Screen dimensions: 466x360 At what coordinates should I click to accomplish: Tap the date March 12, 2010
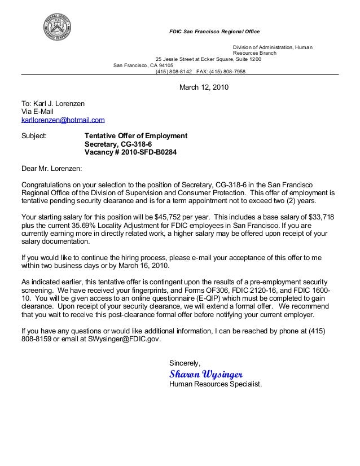tap(204, 87)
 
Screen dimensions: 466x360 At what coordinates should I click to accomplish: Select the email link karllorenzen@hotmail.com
tap(63, 120)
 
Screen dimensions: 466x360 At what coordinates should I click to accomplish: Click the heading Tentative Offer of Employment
tap(135, 136)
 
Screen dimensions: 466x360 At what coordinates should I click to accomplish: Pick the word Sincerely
tap(185, 362)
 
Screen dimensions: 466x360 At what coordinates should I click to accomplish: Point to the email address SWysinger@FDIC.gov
tap(122, 339)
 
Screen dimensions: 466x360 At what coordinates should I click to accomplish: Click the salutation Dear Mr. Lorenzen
tap(51, 168)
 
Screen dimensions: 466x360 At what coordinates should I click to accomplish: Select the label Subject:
tap(34, 136)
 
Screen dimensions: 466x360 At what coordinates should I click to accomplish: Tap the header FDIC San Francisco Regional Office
tap(214, 31)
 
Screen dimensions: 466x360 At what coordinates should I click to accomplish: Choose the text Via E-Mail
tap(37, 112)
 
